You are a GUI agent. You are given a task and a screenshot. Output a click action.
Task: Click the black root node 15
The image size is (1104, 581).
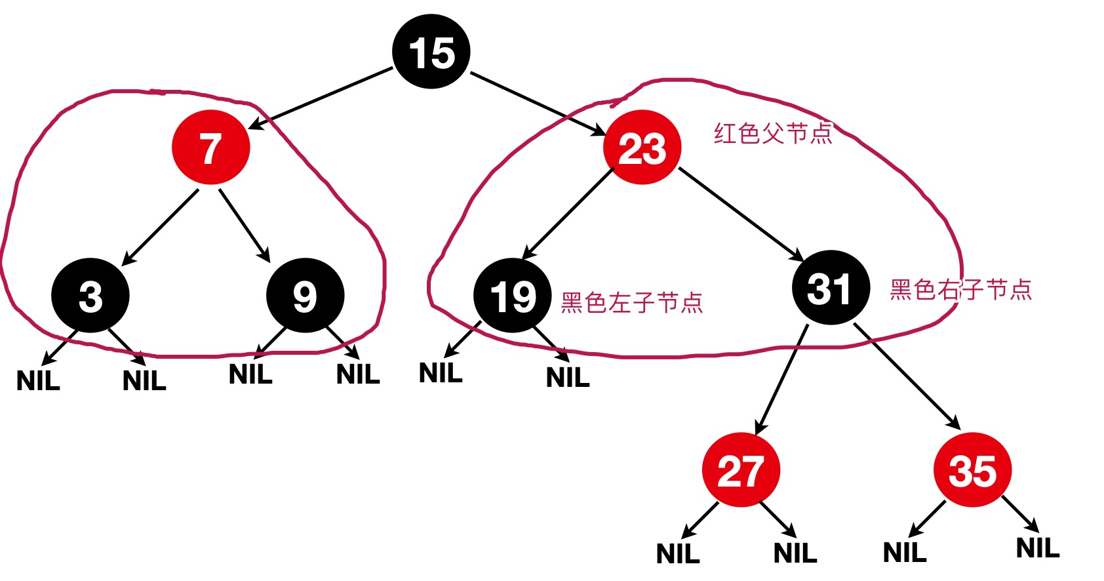coord(431,51)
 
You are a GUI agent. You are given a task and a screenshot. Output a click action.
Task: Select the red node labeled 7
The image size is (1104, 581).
coord(210,148)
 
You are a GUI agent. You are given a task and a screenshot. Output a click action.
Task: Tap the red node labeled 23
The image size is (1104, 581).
coord(642,147)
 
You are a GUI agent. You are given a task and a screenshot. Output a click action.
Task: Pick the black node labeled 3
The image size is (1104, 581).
coord(90,295)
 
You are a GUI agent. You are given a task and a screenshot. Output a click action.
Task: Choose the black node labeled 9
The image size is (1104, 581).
coord(305,295)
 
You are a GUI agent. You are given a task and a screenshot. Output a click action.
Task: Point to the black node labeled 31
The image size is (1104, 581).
coord(831,287)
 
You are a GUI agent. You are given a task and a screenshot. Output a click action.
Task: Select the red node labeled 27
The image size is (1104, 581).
coord(741,470)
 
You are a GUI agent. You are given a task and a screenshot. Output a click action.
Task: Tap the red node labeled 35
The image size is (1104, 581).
coord(972,470)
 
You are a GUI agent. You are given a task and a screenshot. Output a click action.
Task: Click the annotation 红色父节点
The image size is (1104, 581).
coord(773,133)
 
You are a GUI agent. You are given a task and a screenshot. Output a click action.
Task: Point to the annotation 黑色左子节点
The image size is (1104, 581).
coord(632,302)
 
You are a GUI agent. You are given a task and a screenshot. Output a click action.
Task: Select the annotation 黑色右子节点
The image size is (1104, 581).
coord(961,289)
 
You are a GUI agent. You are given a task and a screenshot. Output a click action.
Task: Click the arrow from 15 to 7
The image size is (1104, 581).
coord(321,96)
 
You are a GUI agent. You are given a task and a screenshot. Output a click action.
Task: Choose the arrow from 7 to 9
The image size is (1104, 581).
coord(244,225)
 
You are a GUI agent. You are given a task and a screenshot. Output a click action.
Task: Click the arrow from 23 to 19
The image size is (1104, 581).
coord(568,214)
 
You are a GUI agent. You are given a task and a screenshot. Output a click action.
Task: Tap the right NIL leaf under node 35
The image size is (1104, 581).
coord(1038,548)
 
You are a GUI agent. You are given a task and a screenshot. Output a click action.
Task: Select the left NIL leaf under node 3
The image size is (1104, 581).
coord(38,380)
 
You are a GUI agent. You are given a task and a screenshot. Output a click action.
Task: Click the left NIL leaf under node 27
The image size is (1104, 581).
coord(678,553)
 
